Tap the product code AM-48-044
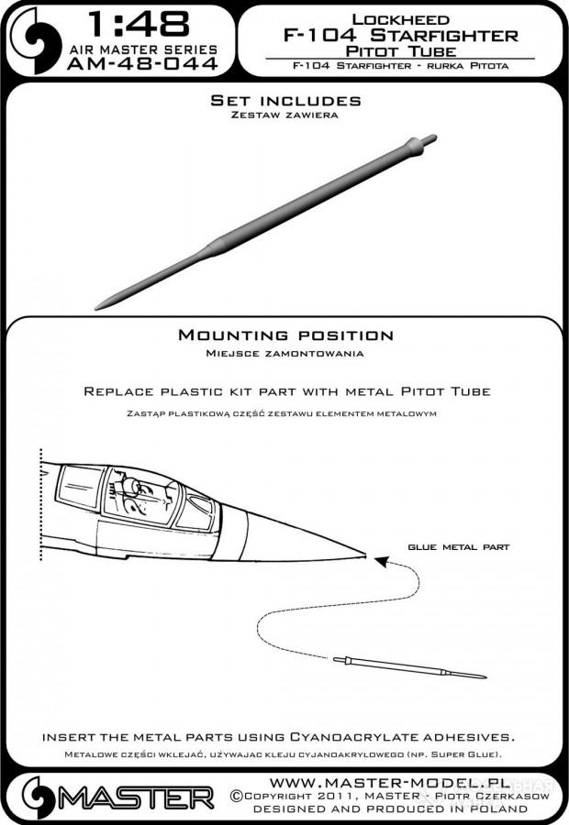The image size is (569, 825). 143,63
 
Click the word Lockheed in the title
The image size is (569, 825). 400,19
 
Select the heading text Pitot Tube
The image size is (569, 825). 400,51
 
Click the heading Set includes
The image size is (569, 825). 285,101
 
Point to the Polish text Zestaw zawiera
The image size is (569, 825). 284,115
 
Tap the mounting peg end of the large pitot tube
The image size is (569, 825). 431,139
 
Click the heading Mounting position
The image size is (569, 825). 285,335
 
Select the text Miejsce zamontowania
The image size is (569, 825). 284,353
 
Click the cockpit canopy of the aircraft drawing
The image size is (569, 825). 136,496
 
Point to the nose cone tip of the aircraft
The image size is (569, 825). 364,554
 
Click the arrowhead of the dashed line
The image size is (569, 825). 382,561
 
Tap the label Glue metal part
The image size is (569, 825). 458,547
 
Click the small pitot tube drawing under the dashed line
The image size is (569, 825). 409,667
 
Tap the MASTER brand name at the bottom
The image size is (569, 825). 136,797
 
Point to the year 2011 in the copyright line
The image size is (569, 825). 347,796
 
